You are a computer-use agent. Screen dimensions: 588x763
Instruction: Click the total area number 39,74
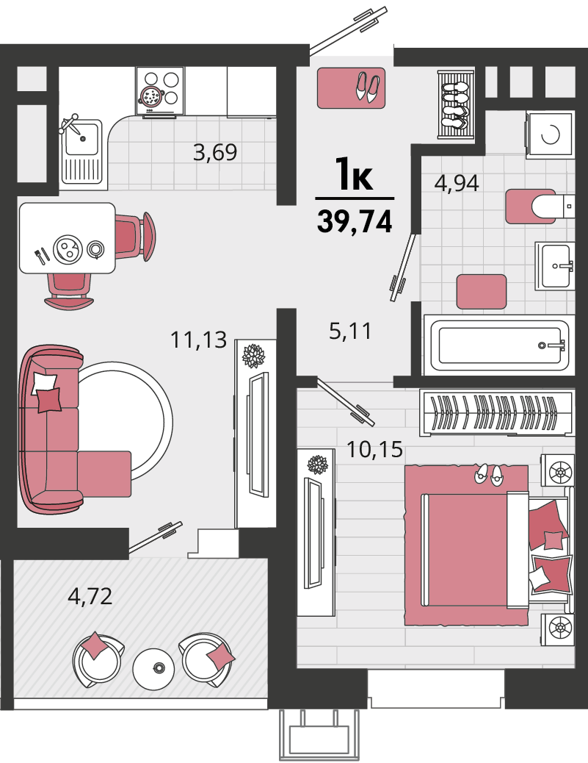click(355, 222)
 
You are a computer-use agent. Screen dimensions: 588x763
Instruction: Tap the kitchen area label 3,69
click(215, 152)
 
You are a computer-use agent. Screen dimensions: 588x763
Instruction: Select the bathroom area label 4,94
click(457, 183)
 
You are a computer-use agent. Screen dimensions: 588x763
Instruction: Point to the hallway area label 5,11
click(350, 331)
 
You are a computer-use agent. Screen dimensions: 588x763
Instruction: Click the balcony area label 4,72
click(90, 595)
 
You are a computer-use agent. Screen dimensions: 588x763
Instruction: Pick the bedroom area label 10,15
click(374, 448)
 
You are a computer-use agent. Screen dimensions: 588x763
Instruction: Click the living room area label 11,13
click(198, 339)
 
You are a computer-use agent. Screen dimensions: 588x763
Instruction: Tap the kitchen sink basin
click(82, 139)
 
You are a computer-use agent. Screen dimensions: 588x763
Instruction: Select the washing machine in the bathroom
click(550, 134)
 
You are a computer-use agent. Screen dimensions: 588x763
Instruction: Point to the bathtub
click(500, 345)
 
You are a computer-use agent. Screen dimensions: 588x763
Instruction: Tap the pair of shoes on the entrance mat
click(368, 87)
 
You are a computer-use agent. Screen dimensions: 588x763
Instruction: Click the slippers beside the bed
click(489, 474)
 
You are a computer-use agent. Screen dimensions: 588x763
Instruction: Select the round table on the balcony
click(153, 668)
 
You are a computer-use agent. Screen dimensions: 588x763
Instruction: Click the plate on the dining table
click(67, 250)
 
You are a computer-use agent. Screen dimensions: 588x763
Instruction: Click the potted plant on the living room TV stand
click(254, 356)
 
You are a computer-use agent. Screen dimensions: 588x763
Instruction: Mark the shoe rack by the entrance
click(456, 104)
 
